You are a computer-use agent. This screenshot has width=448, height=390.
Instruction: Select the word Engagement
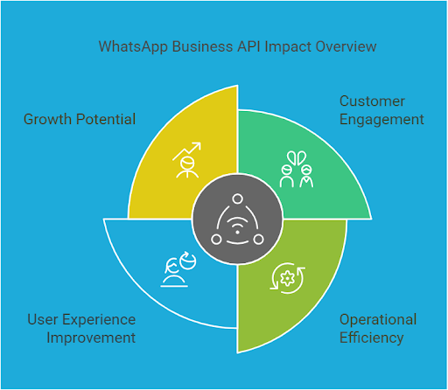(381, 119)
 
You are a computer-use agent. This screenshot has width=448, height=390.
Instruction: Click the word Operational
(378, 319)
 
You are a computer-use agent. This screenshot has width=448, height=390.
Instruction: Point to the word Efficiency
(371, 337)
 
